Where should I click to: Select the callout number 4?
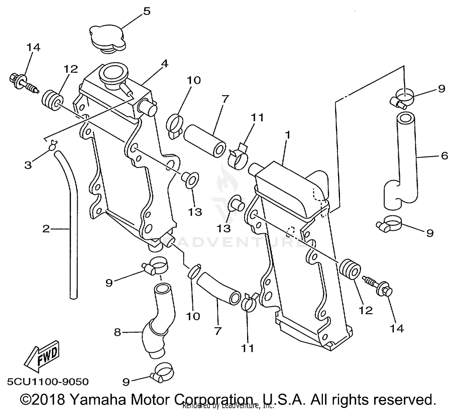coord(165,64)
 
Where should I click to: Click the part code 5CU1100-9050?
coord(48,381)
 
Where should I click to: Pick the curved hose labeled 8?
coord(158,323)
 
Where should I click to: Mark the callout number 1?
coord(288,134)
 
